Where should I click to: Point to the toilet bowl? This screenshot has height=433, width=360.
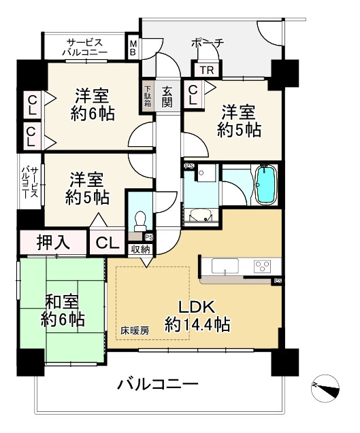[x=141, y=221]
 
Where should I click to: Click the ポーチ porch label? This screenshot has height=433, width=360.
[x=208, y=44]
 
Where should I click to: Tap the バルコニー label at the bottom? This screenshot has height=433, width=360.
[x=157, y=385]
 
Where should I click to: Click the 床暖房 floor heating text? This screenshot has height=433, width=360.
[x=135, y=332]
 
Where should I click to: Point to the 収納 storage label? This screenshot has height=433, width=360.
[x=141, y=249]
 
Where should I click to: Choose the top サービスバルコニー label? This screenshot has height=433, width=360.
[x=84, y=46]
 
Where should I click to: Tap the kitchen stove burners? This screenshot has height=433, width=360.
[x=262, y=264]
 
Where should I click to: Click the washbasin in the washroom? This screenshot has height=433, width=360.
[x=201, y=215]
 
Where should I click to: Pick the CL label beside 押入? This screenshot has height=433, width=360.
[x=105, y=242]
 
